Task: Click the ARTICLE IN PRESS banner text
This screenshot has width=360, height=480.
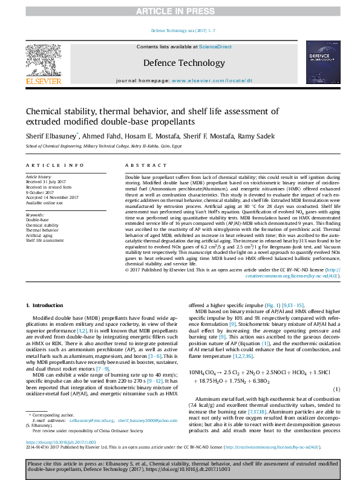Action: coord(180,11)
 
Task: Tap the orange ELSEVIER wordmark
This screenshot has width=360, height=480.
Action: coord(43,81)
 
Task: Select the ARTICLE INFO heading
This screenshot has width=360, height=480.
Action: coord(46,165)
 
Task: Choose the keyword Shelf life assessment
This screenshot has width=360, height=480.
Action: coord(45,240)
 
